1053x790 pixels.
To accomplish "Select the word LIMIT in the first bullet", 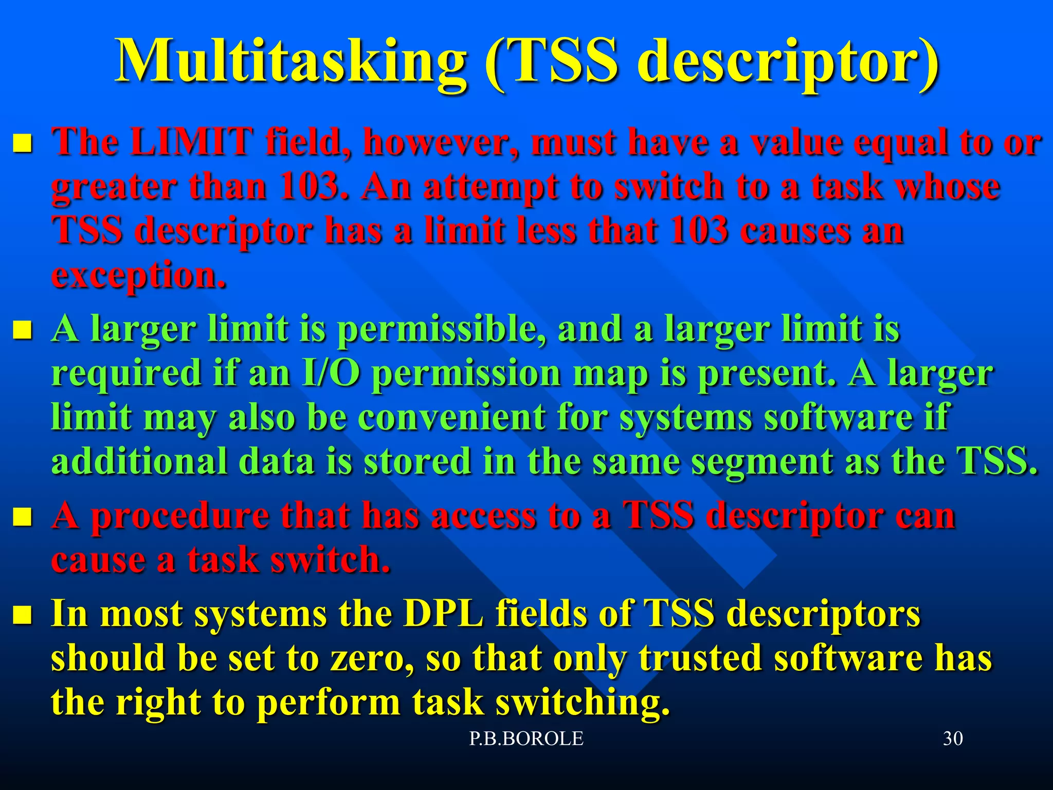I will pyautogui.click(x=191, y=141).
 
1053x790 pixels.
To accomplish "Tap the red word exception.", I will pyautogui.click(x=139, y=275).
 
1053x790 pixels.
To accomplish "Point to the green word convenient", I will pyautogui.click(x=451, y=417).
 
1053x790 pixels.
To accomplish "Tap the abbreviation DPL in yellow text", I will pyautogui.click(x=443, y=614).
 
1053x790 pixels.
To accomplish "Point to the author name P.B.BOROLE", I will pyautogui.click(x=526, y=739).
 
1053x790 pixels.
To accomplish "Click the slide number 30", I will pyautogui.click(x=953, y=739).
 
